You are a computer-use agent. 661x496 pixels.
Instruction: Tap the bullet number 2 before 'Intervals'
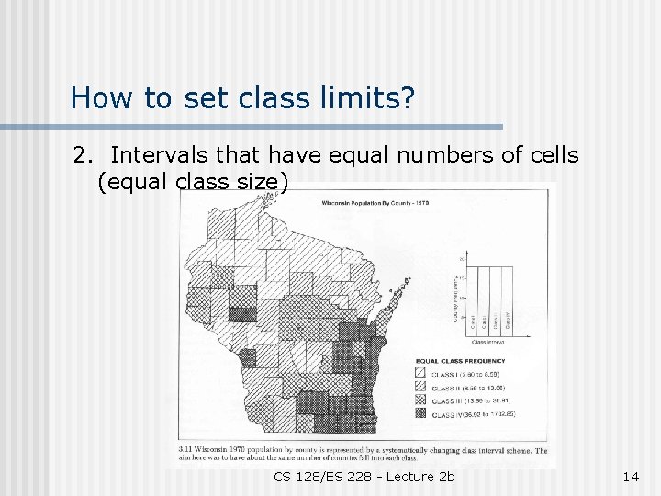(x=80, y=155)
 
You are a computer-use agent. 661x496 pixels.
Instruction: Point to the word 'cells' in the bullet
(x=555, y=155)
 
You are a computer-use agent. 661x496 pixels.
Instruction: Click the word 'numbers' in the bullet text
(x=430, y=155)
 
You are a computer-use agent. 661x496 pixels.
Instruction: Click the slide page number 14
(x=630, y=477)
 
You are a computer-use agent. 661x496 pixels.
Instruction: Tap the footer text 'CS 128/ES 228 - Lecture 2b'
(x=364, y=477)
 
